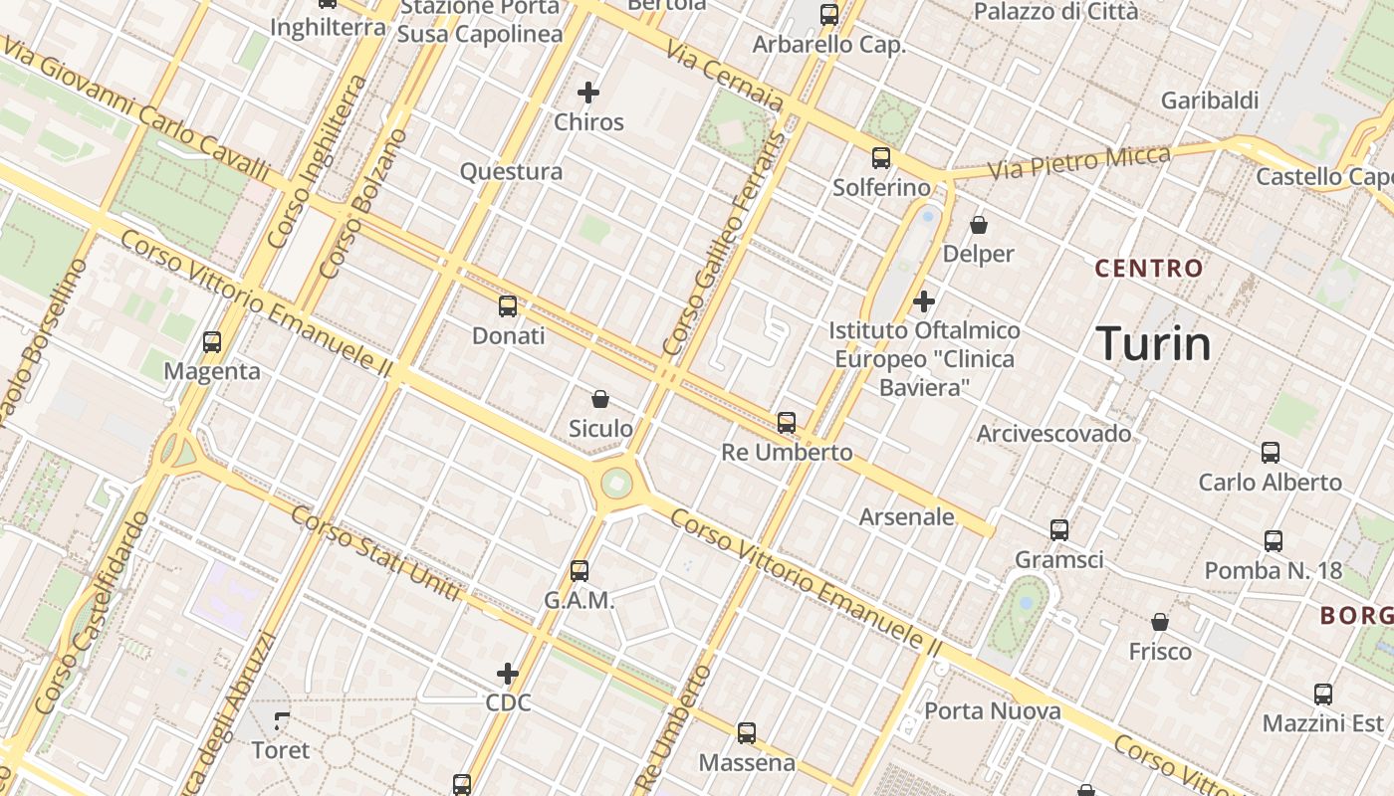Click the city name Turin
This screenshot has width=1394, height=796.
(1153, 344)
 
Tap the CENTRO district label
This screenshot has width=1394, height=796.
(1149, 268)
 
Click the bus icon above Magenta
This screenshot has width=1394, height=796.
(212, 342)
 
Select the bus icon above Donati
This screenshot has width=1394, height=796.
(508, 306)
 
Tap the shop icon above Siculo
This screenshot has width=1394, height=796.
(600, 399)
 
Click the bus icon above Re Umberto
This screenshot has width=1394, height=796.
(787, 423)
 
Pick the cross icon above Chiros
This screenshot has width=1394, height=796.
(588, 94)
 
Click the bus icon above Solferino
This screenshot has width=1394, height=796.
(881, 158)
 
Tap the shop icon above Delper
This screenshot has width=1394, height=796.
(979, 225)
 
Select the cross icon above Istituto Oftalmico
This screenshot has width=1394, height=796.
(924, 300)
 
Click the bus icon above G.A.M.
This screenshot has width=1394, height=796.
(580, 571)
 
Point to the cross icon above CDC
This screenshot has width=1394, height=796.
(508, 674)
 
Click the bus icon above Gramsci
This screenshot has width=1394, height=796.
(1059, 530)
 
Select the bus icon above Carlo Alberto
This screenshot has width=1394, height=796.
(1271, 453)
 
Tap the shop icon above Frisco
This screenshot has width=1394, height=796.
(1160, 623)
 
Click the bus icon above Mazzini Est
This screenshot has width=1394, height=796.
(1323, 695)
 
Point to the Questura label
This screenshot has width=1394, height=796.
(511, 172)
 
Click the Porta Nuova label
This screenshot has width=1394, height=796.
(993, 711)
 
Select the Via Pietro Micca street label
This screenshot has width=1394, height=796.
(1078, 163)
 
